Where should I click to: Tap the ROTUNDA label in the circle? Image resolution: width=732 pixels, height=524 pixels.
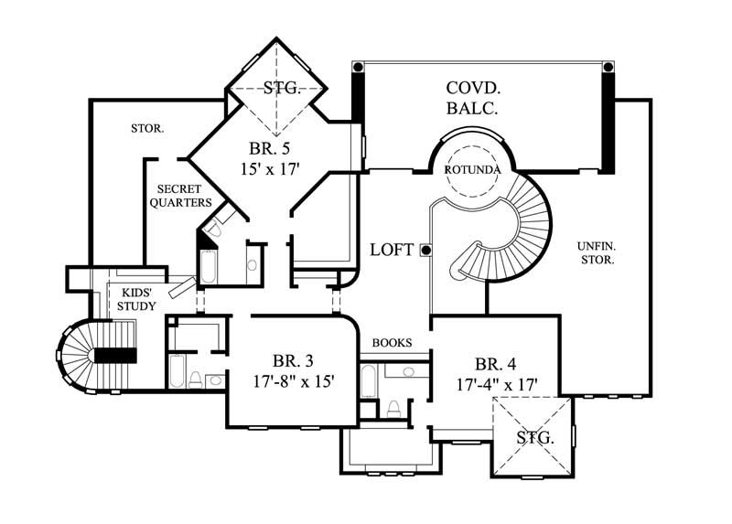pyautogui.click(x=471, y=170)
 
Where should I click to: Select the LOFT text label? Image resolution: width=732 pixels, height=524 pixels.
pyautogui.click(x=391, y=250)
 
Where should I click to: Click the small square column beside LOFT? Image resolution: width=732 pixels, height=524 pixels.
pyautogui.click(x=425, y=250)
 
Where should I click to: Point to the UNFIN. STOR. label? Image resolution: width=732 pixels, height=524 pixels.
pyautogui.click(x=596, y=251)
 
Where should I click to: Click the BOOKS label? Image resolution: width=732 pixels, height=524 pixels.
pyautogui.click(x=392, y=343)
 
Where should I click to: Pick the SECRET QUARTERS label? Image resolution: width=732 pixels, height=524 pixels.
pyautogui.click(x=179, y=195)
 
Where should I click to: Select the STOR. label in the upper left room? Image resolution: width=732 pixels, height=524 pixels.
pyautogui.click(x=147, y=129)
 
